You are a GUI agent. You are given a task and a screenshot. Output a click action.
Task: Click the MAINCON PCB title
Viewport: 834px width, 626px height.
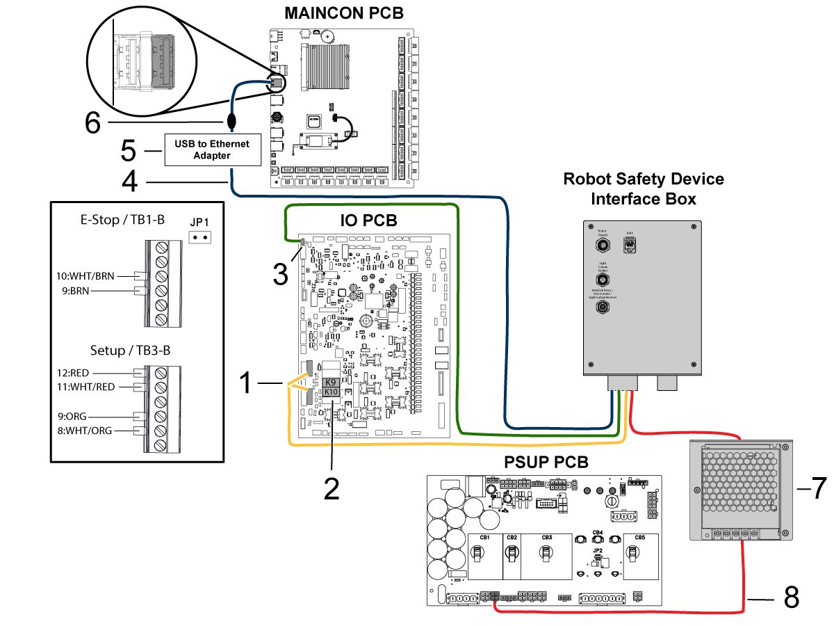point(343,13)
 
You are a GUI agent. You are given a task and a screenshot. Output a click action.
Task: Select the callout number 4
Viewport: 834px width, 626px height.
point(130,182)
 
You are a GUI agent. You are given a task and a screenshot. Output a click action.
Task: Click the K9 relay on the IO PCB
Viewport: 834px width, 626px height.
point(331,382)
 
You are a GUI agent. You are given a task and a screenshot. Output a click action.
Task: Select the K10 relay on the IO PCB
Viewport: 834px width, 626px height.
point(331,392)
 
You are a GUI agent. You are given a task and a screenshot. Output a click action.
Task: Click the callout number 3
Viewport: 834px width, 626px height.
point(280,273)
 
